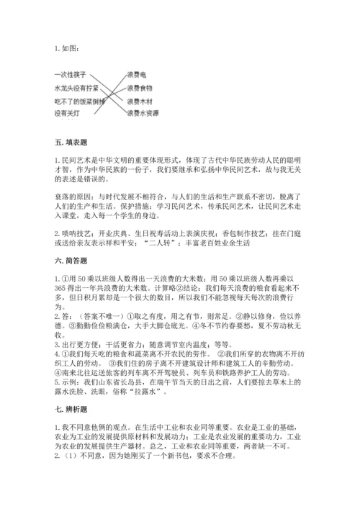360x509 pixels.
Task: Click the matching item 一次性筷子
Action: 71,74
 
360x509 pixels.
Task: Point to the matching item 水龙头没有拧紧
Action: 76,87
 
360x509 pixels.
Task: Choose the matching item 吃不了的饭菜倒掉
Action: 79,100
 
